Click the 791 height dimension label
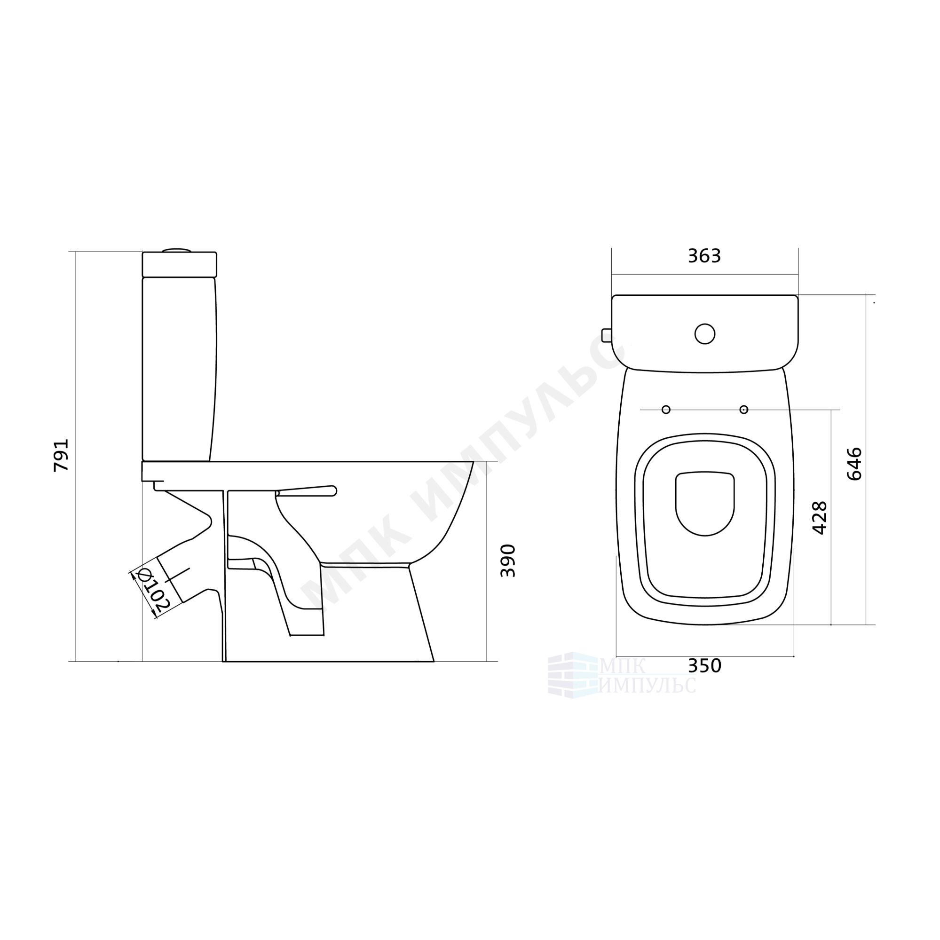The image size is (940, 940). tap(62, 455)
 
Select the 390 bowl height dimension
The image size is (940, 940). tap(508, 561)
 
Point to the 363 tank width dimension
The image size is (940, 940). tap(704, 256)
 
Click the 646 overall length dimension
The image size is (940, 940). tap(854, 464)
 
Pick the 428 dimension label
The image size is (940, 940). tap(820, 518)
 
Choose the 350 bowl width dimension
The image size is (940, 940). tap(704, 666)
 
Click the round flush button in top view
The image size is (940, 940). tap(704, 334)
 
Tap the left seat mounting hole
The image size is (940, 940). tap(666, 410)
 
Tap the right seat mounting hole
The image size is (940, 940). tap(743, 410)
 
